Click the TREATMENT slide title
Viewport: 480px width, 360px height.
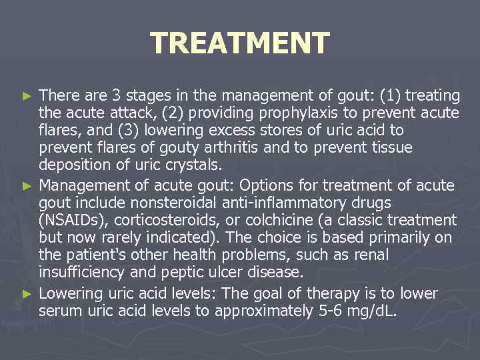[240, 43]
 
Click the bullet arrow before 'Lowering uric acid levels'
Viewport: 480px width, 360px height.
[27, 294]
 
